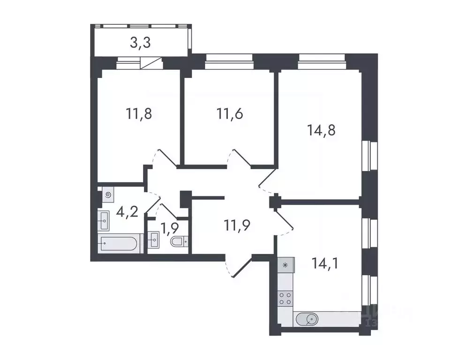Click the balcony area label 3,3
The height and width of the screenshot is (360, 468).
click(x=140, y=43)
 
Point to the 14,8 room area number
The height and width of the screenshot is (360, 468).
click(x=321, y=130)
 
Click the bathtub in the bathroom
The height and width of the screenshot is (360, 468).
click(x=120, y=244)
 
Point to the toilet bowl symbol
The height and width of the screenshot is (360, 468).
click(x=179, y=242)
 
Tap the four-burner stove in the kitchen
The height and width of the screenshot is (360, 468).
click(x=285, y=298)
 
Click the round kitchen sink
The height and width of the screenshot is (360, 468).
click(x=309, y=321)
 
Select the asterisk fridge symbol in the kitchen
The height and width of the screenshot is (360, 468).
click(x=285, y=265)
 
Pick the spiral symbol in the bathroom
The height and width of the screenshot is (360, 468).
click(x=108, y=194)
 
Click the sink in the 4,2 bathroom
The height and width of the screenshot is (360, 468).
click(x=104, y=218)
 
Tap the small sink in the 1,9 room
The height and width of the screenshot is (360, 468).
click(x=153, y=242)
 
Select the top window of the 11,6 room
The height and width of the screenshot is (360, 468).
click(x=229, y=60)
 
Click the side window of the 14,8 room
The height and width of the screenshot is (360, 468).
click(x=371, y=156)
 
